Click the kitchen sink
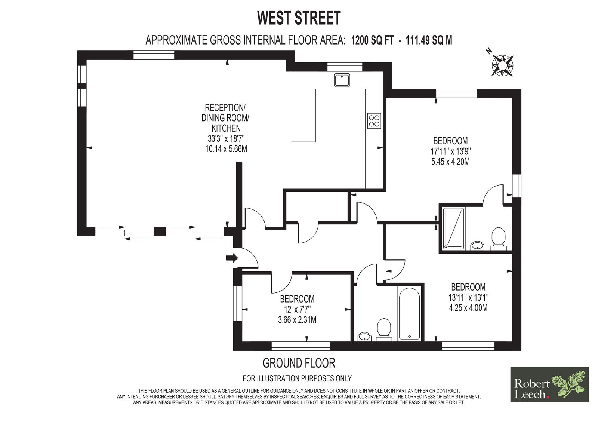click(342, 80)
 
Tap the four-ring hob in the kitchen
click(374, 121)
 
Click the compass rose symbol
click(502, 65)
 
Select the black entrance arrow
click(232, 258)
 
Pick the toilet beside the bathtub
click(384, 330)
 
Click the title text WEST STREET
click(299, 18)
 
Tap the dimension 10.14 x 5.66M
click(226, 149)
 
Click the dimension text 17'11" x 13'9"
click(450, 151)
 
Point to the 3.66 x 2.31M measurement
click(297, 320)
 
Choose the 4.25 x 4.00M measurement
click(468, 308)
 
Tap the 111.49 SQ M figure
click(429, 40)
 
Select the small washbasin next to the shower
click(478, 245)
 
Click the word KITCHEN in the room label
click(226, 128)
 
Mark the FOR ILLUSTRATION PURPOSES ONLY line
click(297, 378)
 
